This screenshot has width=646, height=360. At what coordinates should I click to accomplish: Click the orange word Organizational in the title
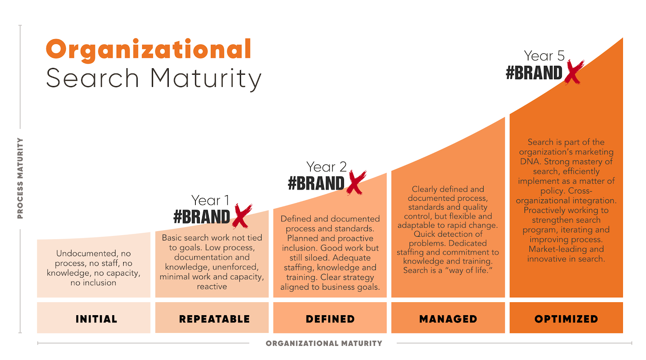coord(149,50)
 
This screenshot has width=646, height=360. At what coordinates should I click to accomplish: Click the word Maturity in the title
coord(206,78)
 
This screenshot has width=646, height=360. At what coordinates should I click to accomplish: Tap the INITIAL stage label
coord(96,319)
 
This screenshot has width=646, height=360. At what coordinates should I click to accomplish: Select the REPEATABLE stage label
coord(214,319)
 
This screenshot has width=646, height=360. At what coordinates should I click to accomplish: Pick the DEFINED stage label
coord(330,319)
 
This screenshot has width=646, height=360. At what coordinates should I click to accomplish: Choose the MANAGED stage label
coord(448,319)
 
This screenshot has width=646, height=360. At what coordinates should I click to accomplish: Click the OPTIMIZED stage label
coord(566,319)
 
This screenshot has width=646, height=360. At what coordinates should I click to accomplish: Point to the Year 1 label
coord(210,200)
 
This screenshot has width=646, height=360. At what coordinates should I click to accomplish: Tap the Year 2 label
coord(326,167)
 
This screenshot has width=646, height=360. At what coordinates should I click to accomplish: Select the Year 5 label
coord(544,56)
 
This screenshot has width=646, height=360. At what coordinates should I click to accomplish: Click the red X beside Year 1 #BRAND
coord(241,216)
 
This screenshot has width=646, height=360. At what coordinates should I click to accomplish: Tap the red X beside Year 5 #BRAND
coord(574,72)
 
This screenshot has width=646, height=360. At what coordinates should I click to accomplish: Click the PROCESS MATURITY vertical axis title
coord(20,178)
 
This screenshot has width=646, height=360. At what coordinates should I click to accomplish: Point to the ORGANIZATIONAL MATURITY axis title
coord(324,343)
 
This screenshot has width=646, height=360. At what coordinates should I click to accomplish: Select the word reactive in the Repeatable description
coord(212,286)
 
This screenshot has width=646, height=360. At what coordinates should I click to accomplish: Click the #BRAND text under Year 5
coord(534,73)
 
